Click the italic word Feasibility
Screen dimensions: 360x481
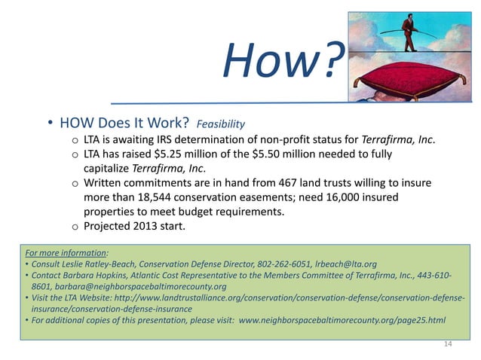(221, 123)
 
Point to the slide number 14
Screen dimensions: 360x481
(449, 345)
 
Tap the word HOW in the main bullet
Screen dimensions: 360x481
(77, 123)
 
